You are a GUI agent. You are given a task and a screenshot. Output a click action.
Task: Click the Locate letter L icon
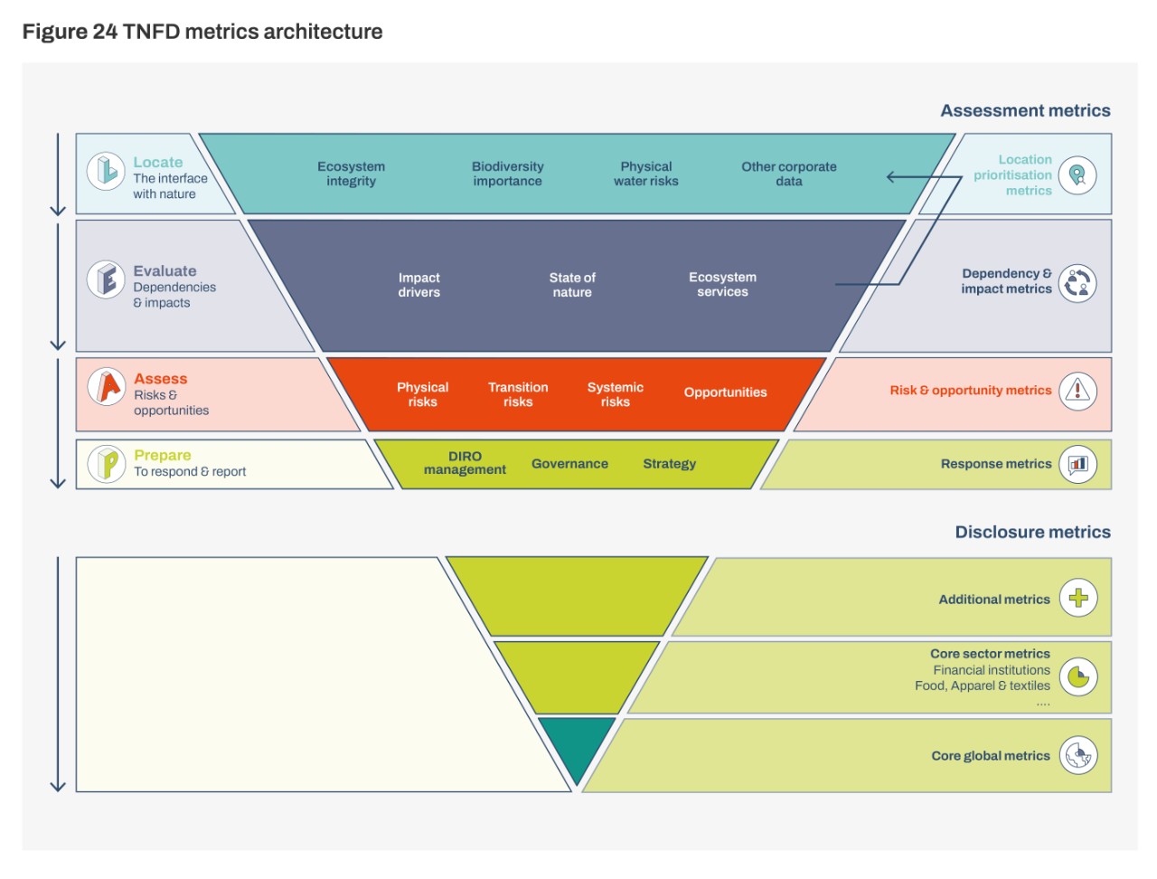point(106,170)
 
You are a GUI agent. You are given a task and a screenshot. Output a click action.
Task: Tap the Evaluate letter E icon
point(106,279)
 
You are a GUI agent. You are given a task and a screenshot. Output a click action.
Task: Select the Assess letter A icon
point(107,387)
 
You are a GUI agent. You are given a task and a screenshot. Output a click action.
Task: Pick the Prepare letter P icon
point(107,464)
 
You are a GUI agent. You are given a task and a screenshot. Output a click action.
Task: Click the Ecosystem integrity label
point(351,174)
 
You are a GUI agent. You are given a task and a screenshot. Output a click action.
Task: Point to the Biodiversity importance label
point(507,174)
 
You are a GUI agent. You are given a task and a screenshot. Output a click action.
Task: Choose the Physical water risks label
point(645,174)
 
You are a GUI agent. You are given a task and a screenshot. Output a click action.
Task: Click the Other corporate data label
point(788,174)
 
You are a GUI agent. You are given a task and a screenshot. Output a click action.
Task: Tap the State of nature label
point(572,285)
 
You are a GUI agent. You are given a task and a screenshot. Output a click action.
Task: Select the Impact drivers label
point(419,285)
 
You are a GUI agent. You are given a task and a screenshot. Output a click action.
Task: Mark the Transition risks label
point(518,394)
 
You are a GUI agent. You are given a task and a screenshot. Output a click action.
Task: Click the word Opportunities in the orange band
point(725,392)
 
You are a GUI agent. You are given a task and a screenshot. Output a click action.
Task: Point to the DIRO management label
point(465,463)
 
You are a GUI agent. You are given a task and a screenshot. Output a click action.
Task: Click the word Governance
point(569,464)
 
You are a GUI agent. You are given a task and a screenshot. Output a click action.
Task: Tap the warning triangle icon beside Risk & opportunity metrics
point(1077,391)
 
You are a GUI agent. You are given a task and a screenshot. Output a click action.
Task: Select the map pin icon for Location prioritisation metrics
point(1077,175)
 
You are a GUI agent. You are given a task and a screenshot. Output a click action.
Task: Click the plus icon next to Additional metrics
point(1078,598)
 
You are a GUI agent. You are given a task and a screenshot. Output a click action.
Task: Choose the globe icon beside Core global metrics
point(1078,755)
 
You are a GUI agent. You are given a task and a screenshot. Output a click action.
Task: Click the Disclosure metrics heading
point(1032,532)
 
